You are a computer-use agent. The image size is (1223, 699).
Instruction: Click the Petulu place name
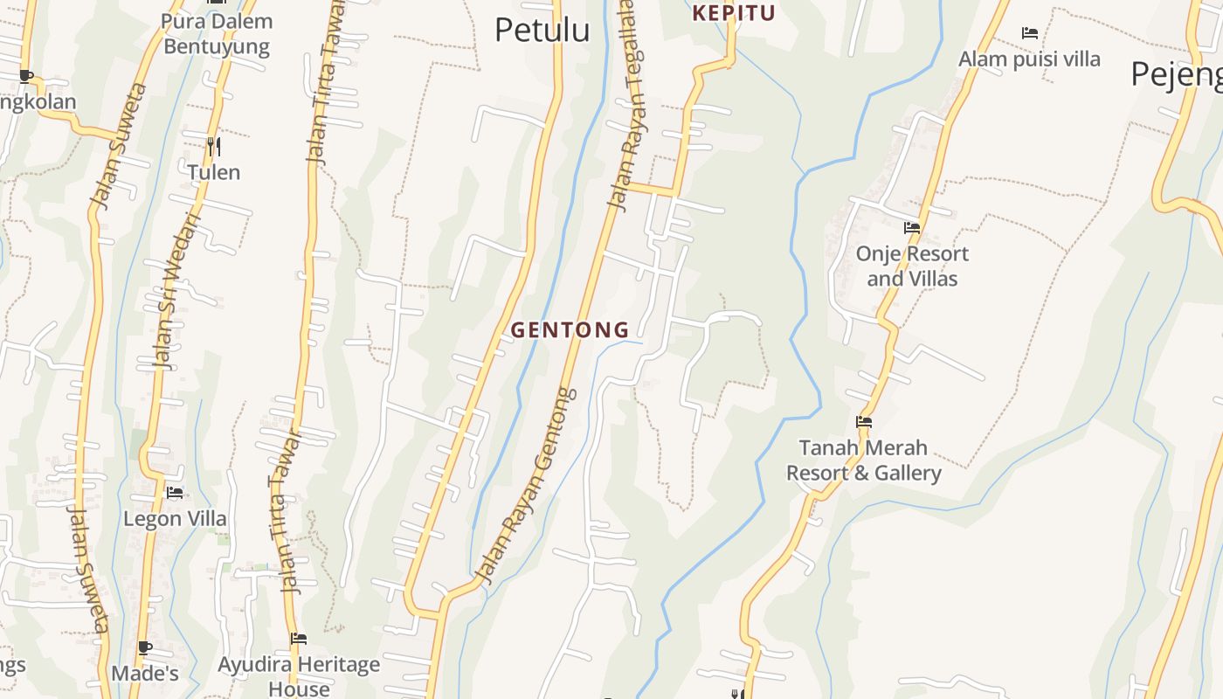coord(542,30)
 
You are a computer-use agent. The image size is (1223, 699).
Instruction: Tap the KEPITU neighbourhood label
coord(733,13)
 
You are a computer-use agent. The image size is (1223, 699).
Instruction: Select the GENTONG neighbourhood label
coord(570,329)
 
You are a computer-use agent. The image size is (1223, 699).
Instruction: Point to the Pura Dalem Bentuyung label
coord(218,33)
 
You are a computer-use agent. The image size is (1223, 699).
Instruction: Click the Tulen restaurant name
coord(213,172)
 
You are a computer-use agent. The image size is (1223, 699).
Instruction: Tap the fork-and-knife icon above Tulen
coord(213,145)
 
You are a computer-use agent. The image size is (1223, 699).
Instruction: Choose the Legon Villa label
coord(175,518)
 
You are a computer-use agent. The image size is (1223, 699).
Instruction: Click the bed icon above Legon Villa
coord(175,493)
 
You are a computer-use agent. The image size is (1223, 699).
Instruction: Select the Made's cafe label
coord(145,674)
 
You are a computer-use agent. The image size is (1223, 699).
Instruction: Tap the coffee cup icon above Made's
coord(145,648)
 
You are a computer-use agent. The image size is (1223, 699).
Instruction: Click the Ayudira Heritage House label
coord(299,675)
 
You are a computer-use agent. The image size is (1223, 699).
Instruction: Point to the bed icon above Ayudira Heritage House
coord(299,639)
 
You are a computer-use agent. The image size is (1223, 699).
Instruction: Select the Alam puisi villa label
coord(1029,59)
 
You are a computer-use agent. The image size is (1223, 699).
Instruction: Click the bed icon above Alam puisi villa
coord(1030,33)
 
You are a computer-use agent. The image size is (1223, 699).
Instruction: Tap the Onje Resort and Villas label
coord(912,266)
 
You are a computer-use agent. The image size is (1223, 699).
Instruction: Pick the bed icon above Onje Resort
coord(912,228)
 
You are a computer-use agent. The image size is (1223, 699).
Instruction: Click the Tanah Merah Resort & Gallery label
coord(863,460)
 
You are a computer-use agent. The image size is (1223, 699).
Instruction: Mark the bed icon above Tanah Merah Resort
coord(864,422)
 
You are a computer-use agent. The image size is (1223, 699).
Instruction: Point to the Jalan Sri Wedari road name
coord(176,293)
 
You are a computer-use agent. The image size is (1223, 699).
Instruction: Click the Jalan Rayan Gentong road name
coord(527,485)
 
